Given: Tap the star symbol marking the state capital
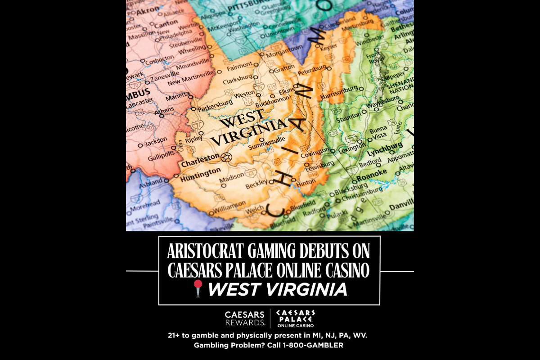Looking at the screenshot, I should pos(226,157).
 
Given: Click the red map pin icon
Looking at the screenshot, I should pos(197,288).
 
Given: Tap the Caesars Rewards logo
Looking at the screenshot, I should pos(245,318).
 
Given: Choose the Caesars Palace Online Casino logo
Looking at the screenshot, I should pos(295,318).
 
